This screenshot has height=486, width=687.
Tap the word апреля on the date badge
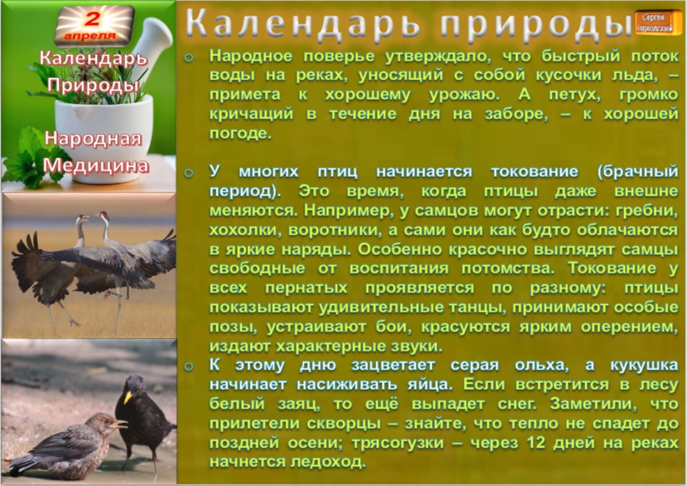[x=90, y=35]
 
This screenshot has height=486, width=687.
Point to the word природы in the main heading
[x=535, y=25]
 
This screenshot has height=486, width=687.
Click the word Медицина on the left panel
[x=96, y=165]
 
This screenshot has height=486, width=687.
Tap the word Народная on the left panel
[x=93, y=139]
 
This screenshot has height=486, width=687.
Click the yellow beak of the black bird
[x=127, y=396]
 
